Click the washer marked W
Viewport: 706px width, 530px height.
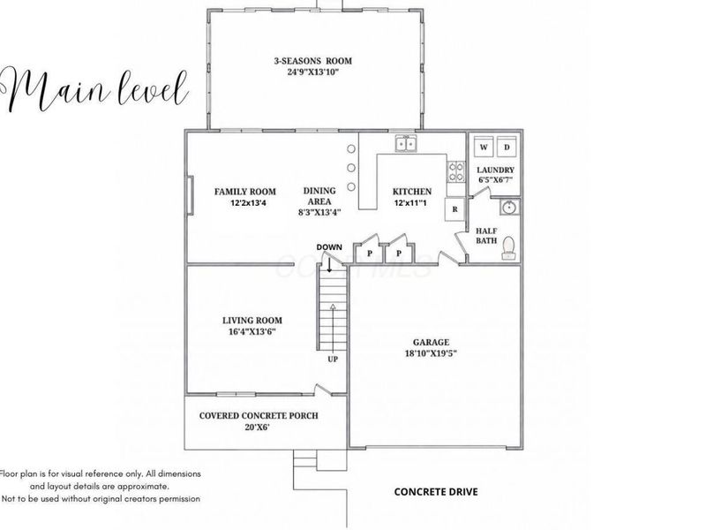click(x=484, y=147)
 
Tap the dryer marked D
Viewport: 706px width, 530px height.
click(x=507, y=147)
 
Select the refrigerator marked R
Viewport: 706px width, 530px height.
click(x=454, y=209)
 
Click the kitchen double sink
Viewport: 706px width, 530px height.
click(x=406, y=144)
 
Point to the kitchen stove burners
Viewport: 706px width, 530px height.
click(x=455, y=172)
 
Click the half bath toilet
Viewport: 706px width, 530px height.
click(x=508, y=248)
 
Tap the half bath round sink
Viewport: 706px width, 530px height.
click(x=509, y=208)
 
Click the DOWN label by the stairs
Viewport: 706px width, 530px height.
click(x=329, y=247)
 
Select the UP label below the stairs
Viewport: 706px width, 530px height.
click(x=333, y=360)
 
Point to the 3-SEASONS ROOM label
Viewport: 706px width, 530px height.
click(x=313, y=61)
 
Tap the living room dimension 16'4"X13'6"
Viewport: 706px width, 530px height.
click(x=252, y=332)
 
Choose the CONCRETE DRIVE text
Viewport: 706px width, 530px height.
click(x=436, y=492)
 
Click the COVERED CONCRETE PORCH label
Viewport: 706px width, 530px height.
click(x=259, y=415)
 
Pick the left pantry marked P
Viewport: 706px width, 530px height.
click(x=370, y=254)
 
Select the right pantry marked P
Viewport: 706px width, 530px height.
click(x=399, y=254)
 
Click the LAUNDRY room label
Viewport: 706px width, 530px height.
click(x=495, y=170)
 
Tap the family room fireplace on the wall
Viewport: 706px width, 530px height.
click(x=191, y=195)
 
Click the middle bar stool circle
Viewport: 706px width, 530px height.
click(x=350, y=168)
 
